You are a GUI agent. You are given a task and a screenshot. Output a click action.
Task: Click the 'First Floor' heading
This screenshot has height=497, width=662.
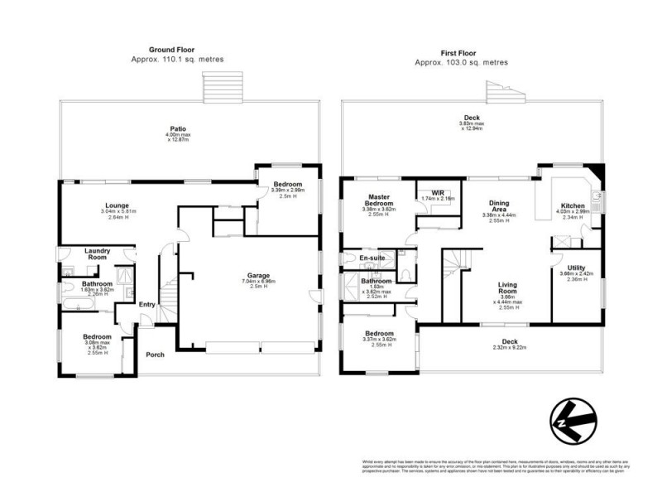pyautogui.click(x=461, y=52)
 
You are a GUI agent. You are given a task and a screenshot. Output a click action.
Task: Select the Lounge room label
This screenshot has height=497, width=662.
pyautogui.click(x=116, y=205)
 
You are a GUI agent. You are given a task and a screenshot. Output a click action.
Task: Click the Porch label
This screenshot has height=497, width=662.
pyautogui.click(x=155, y=355)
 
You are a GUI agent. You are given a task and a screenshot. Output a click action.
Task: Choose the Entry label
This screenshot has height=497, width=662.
pyautogui.click(x=146, y=305)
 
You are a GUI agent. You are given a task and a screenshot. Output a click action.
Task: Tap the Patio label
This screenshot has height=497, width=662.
pyautogui.click(x=177, y=128)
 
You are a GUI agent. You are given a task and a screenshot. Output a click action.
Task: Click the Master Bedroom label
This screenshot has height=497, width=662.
pyautogui.click(x=384, y=200)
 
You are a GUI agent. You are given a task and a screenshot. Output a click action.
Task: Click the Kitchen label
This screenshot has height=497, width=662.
pyautogui.click(x=573, y=205)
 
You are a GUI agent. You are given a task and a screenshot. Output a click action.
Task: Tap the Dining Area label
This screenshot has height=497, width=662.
pyautogui.click(x=498, y=205)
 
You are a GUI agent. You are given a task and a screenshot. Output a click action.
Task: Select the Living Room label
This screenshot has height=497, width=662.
pyautogui.click(x=506, y=288)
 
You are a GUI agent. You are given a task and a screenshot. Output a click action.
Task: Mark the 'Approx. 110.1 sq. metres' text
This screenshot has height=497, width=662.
pyautogui.click(x=176, y=60)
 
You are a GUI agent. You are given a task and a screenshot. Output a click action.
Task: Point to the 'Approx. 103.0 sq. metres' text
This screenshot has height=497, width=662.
pyautogui.click(x=461, y=62)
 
